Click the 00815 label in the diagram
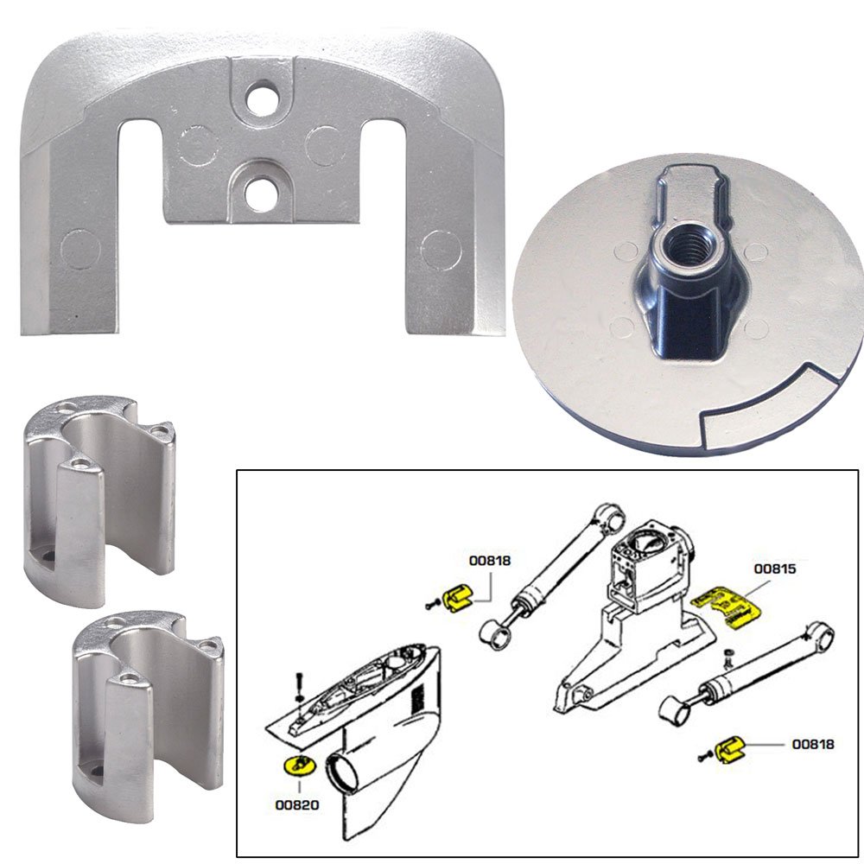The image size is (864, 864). [775, 569]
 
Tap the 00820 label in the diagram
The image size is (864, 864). [297, 804]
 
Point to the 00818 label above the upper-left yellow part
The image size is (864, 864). [490, 560]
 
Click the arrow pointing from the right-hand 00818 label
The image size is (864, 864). [761, 743]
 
